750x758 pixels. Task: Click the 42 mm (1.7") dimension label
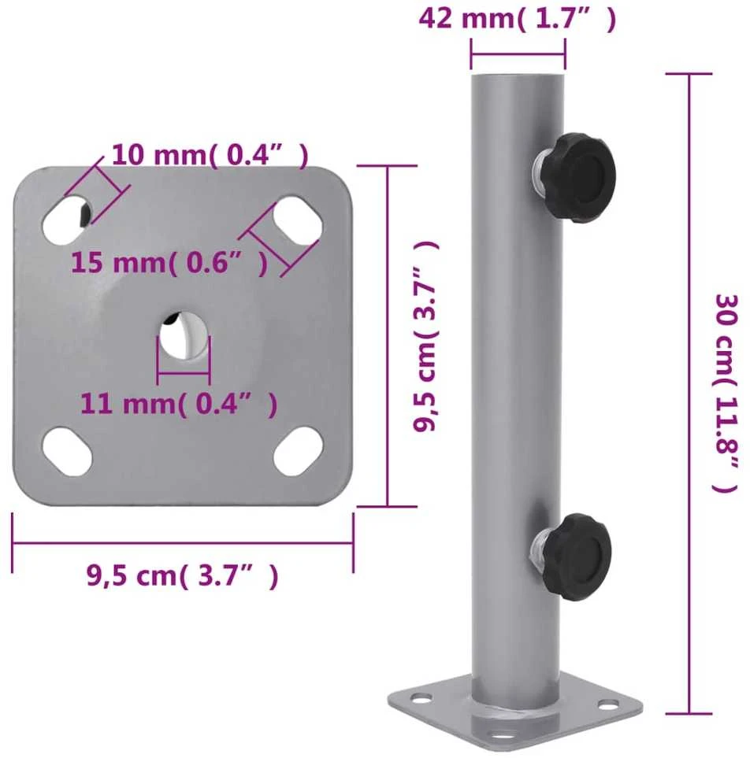pyautogui.click(x=518, y=19)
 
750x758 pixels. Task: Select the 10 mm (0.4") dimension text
pyautogui.click(x=210, y=155)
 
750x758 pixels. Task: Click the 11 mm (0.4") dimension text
pyautogui.click(x=179, y=404)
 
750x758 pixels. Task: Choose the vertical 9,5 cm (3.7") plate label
pyautogui.click(x=425, y=336)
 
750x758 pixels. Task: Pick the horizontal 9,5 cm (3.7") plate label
pyautogui.click(x=183, y=575)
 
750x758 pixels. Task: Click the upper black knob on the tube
pyautogui.click(x=576, y=178)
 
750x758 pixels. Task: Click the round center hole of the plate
pyautogui.click(x=184, y=335)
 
